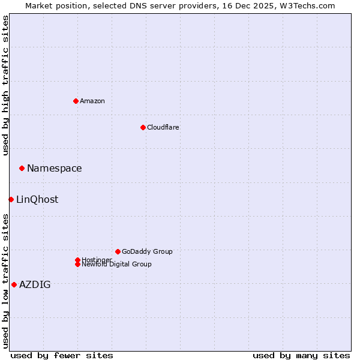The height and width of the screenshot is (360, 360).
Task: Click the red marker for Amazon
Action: coord(76,101)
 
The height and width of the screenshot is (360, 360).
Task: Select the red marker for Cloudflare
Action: coord(143,127)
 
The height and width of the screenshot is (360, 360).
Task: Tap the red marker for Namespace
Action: coord(22,168)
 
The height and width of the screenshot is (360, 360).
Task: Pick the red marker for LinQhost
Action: coord(11,199)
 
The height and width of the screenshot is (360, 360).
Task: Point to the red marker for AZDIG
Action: coord(14,284)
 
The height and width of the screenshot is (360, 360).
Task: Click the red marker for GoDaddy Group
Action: coord(118,251)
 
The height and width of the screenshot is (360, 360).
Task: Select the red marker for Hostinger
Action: coord(77,260)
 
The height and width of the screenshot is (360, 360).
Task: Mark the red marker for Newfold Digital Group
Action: coord(77,264)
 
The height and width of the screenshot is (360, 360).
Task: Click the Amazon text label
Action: coord(92,101)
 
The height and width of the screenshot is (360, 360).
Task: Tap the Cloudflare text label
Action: coord(163,127)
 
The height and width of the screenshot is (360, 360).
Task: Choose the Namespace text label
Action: coord(55,169)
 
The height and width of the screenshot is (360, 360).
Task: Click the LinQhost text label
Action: coord(37,200)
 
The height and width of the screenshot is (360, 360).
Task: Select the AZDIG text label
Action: coord(35,285)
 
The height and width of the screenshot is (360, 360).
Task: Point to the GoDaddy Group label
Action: coord(147,251)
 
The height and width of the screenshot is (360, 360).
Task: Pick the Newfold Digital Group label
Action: coord(117,264)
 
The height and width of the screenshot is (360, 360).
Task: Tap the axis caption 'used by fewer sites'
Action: coord(62,355)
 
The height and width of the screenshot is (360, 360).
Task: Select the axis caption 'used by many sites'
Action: coord(301,355)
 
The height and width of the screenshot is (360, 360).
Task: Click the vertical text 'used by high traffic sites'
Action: coord(5,85)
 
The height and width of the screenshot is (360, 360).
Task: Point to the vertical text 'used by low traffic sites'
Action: coord(5,281)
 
